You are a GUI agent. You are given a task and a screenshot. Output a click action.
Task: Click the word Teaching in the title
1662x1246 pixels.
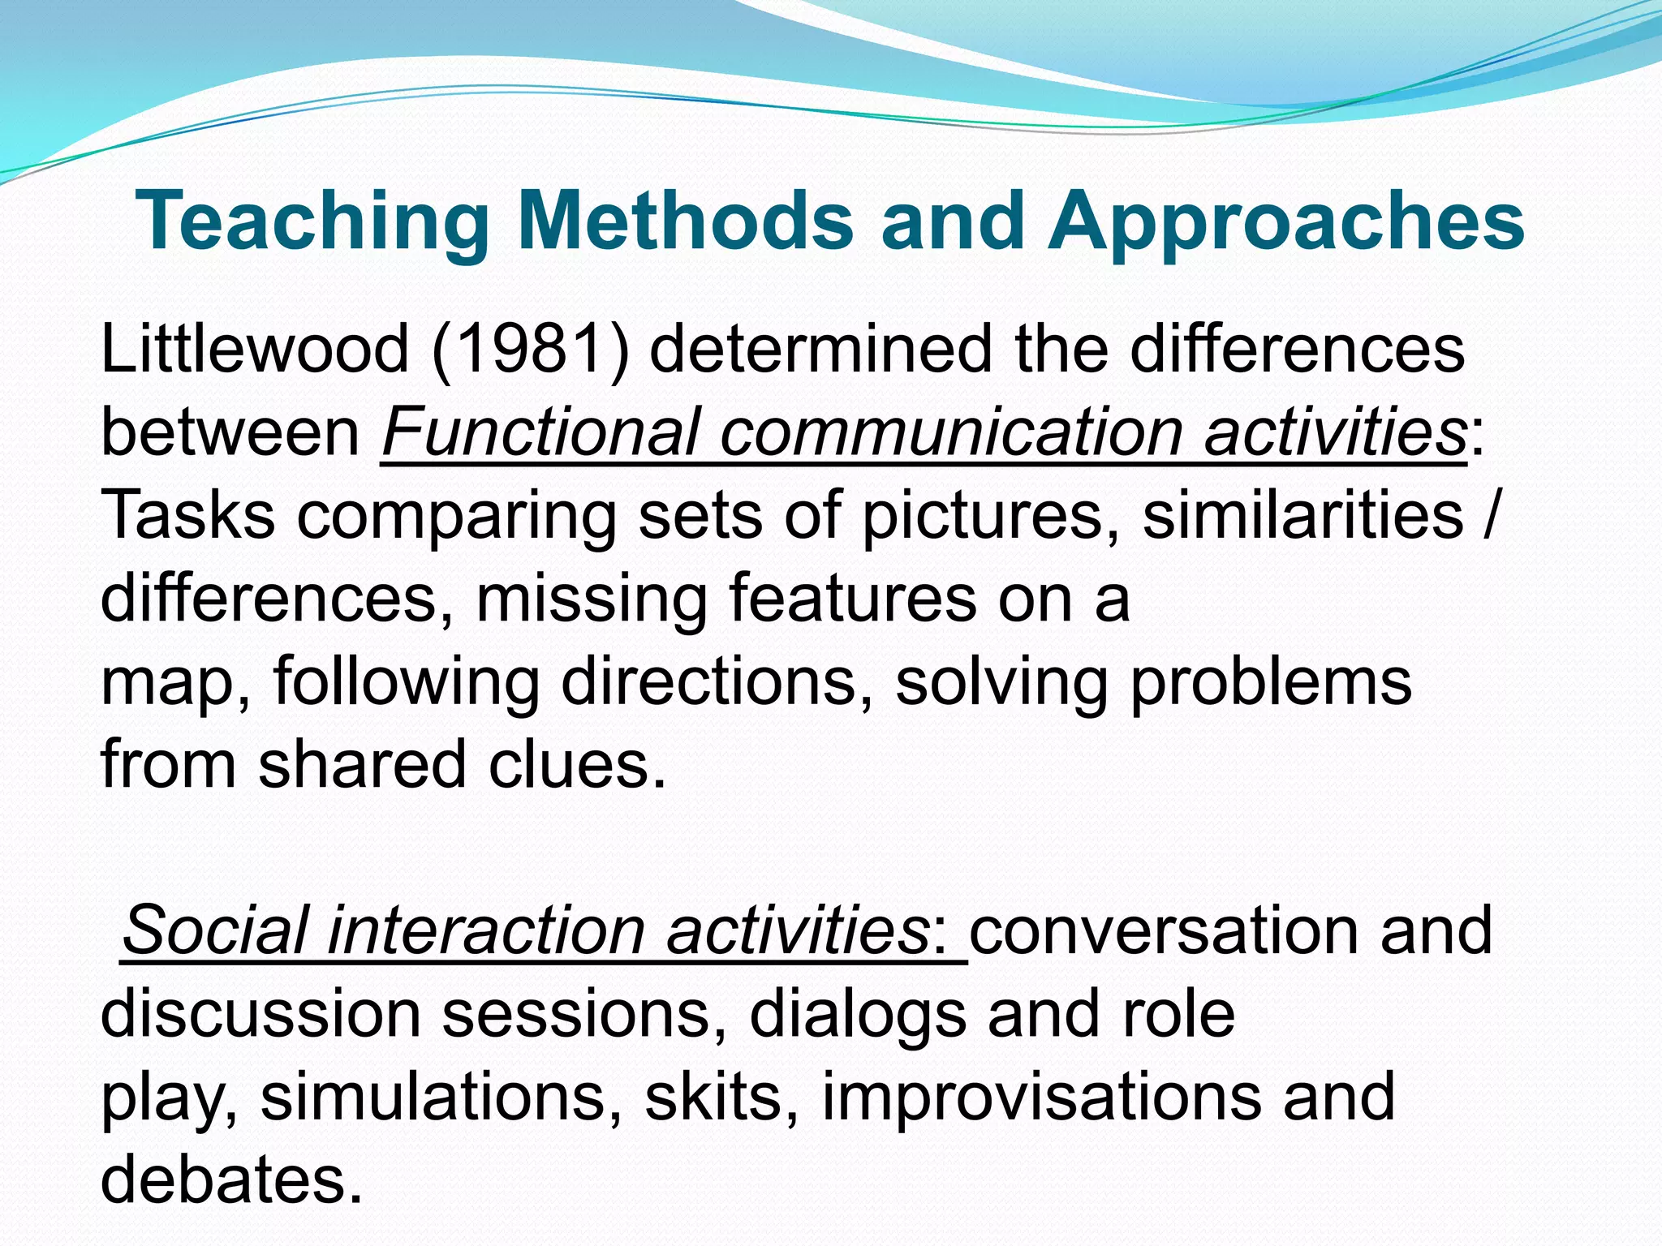(312, 221)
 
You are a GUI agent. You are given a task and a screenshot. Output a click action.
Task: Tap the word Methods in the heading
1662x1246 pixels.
(686, 221)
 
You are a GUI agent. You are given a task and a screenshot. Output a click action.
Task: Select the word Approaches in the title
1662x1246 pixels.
(1285, 221)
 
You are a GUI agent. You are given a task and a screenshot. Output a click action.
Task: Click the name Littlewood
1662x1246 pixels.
(254, 349)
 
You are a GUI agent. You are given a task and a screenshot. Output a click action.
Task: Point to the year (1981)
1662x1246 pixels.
(530, 349)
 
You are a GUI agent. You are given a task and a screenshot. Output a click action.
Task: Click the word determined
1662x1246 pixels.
(820, 349)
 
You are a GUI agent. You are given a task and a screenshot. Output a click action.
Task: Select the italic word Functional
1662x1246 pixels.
(540, 432)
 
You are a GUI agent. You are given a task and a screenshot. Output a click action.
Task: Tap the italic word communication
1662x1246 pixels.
(950, 432)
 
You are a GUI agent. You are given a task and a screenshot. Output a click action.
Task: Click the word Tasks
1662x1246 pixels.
(188, 515)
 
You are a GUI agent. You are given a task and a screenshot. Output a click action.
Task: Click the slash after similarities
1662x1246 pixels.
(1487, 515)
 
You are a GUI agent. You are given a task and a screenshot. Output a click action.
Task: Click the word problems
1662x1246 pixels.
(1270, 681)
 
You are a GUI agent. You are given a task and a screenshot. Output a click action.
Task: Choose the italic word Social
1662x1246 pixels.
(215, 930)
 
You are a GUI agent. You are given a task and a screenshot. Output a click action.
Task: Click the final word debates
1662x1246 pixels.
(230, 1179)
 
